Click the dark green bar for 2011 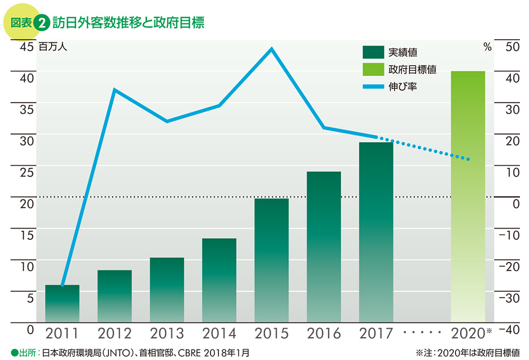(x=62, y=303)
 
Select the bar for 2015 (x=271, y=260)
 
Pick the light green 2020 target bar (x=468, y=196)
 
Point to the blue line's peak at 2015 (x=271, y=49)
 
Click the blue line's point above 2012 (x=114, y=89)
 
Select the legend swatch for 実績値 (x=372, y=52)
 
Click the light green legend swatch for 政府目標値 (x=372, y=69)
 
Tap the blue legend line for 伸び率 (x=372, y=86)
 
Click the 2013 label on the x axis (x=167, y=334)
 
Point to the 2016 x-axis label (x=324, y=334)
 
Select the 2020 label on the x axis (x=468, y=334)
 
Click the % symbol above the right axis (x=487, y=47)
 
